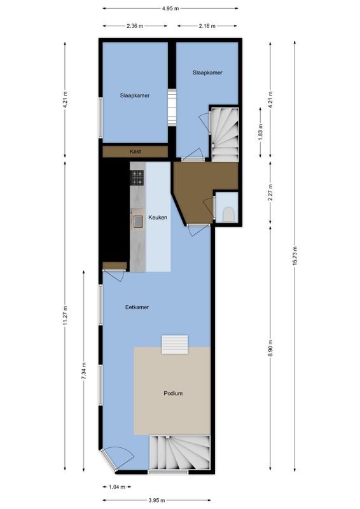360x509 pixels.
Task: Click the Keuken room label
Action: [x=158, y=218]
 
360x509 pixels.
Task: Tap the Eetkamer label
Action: [x=137, y=307]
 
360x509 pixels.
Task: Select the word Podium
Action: [x=172, y=393]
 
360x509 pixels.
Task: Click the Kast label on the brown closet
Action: [x=135, y=151]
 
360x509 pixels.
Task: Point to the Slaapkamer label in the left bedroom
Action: [x=135, y=95]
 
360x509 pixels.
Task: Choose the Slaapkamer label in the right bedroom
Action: [x=207, y=73]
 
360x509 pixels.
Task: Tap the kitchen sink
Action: [x=138, y=221]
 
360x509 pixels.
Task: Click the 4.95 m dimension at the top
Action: [x=170, y=9]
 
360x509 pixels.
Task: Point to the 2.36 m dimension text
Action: [x=134, y=26]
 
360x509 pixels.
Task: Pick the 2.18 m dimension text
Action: [x=207, y=26]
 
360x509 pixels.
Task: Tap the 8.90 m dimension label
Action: [x=271, y=349]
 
